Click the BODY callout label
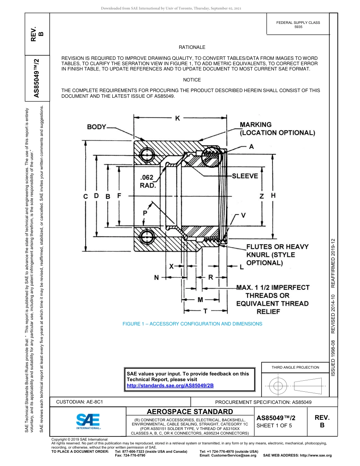[97, 127]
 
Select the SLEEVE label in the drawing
[245, 176]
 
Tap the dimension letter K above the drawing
[177, 119]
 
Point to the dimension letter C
[86, 196]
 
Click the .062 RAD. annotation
[147, 181]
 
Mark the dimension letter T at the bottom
[205, 311]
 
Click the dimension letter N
[156, 277]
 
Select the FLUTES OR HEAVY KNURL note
[277, 255]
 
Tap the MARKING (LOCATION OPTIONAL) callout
[277, 129]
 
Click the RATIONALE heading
[192, 47]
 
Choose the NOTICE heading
[192, 80]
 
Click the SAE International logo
[88, 421]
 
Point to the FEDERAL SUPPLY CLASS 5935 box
[298, 25]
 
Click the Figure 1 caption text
[192, 324]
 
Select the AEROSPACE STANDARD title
[190, 411]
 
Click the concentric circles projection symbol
[278, 386]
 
